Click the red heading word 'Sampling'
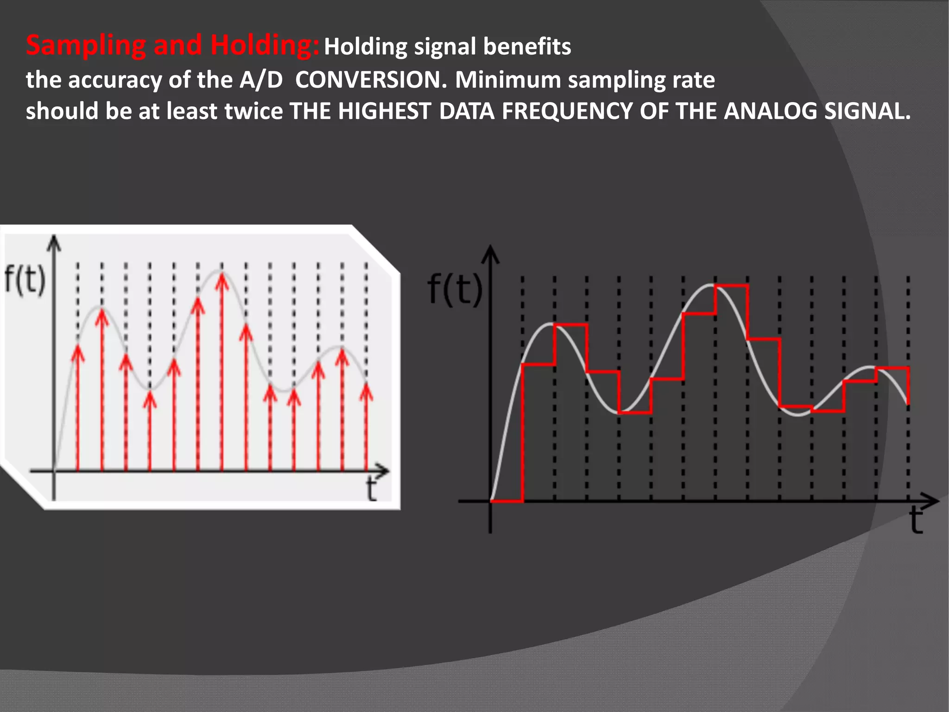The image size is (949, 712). tap(86, 46)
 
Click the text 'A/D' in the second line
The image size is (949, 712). tap(261, 80)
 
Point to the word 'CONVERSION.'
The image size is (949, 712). tap(371, 80)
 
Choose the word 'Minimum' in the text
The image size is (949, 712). tap(508, 80)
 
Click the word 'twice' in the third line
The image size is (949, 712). tap(253, 111)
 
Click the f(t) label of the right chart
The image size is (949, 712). tap(455, 289)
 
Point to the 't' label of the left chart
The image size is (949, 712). tap(371, 489)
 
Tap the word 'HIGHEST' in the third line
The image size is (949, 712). tap(385, 111)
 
